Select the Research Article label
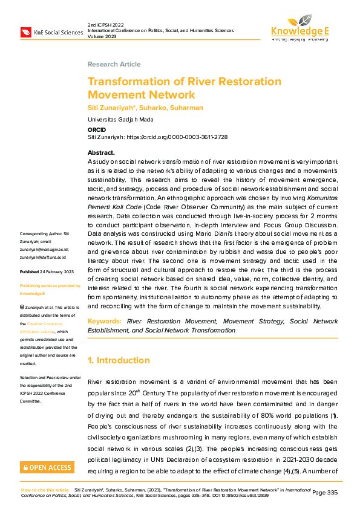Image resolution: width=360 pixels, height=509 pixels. pos(114,64)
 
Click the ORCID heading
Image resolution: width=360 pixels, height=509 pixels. pos(97,129)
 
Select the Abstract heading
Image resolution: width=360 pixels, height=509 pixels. pos(101,153)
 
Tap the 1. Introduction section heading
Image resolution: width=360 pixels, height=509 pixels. pos(119,360)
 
